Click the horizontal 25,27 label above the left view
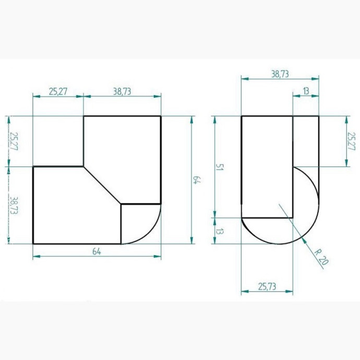[x=58, y=91]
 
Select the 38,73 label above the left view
[x=122, y=91]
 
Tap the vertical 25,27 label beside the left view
[x=14, y=141]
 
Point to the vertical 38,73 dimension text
[x=14, y=206]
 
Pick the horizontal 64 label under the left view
[x=97, y=251]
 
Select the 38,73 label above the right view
[x=280, y=74]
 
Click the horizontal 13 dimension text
[x=306, y=91]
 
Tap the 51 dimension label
[x=220, y=167]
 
